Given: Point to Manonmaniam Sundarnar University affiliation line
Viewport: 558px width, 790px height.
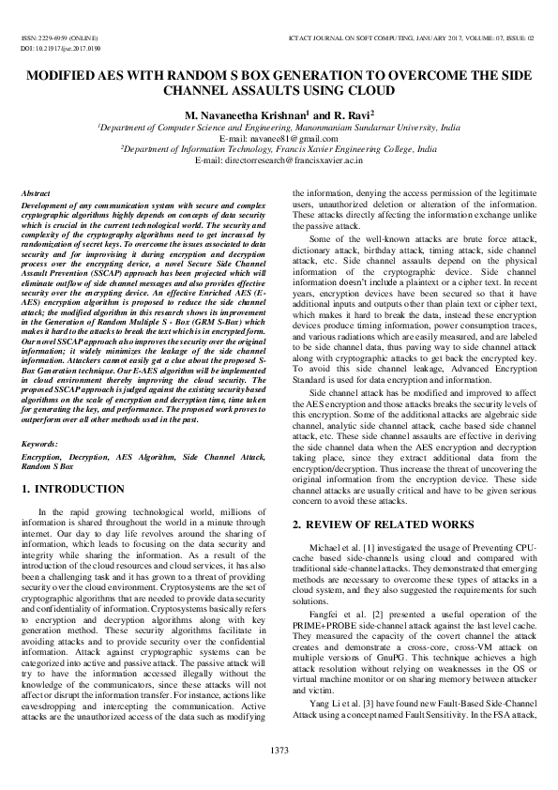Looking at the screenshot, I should click(x=279, y=125).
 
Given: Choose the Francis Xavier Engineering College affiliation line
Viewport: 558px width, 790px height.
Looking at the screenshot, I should click(x=279, y=149).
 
